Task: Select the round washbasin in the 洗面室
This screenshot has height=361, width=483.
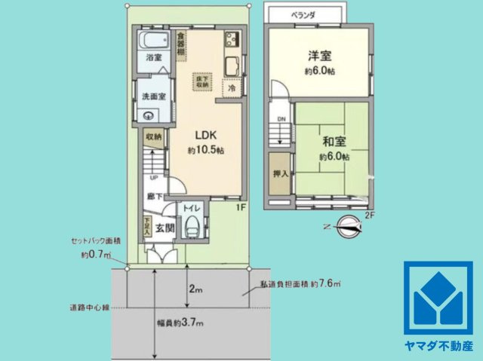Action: pos(149,116)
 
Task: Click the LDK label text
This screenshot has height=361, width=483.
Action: pos(207,136)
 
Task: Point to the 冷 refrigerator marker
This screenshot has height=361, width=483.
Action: pos(232,88)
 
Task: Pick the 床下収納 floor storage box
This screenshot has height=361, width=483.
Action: pos(202,81)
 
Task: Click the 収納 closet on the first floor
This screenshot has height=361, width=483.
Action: pos(154,137)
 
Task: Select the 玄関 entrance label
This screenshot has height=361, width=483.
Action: pos(165,228)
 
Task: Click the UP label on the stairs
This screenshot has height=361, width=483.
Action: pos(153,178)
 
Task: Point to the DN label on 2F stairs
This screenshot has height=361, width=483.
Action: pos(280,119)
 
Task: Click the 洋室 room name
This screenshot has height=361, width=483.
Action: pos(318,56)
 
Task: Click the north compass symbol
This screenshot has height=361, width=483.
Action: pos(348,224)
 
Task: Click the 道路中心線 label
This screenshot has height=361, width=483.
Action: pos(89,307)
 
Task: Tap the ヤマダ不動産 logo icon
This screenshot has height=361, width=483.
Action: pos(438,298)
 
